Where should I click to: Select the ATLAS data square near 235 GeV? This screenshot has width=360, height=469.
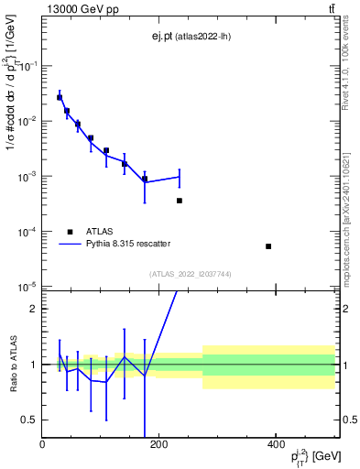(x=180, y=200)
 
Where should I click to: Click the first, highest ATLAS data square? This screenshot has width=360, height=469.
(x=60, y=97)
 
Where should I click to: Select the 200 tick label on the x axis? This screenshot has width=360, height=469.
(x=158, y=444)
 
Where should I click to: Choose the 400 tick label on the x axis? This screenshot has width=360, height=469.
(x=275, y=444)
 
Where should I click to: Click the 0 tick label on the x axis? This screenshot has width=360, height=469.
(x=43, y=444)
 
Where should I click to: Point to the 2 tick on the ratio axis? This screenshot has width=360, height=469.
(x=33, y=310)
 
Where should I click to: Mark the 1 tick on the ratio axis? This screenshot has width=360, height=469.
(x=33, y=365)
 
